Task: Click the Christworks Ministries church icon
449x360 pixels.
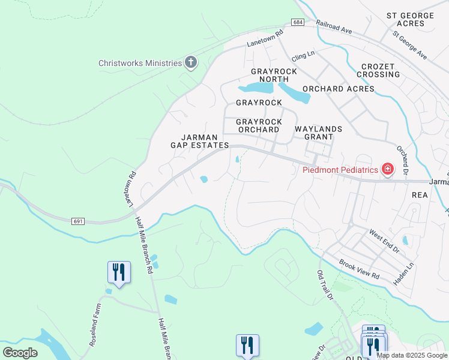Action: click(191, 63)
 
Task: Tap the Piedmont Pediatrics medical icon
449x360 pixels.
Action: click(388, 170)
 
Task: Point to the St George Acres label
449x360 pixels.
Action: click(410, 19)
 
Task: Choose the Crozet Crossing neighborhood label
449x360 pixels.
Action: click(378, 70)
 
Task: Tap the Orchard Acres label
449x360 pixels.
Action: click(338, 89)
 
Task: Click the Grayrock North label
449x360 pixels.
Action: click(274, 75)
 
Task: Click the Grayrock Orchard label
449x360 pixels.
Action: click(259, 125)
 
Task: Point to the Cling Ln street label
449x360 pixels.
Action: click(303, 56)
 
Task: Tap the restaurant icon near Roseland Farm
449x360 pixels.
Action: click(119, 272)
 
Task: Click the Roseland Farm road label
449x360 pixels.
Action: click(97, 321)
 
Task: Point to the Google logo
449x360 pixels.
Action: click(20, 352)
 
